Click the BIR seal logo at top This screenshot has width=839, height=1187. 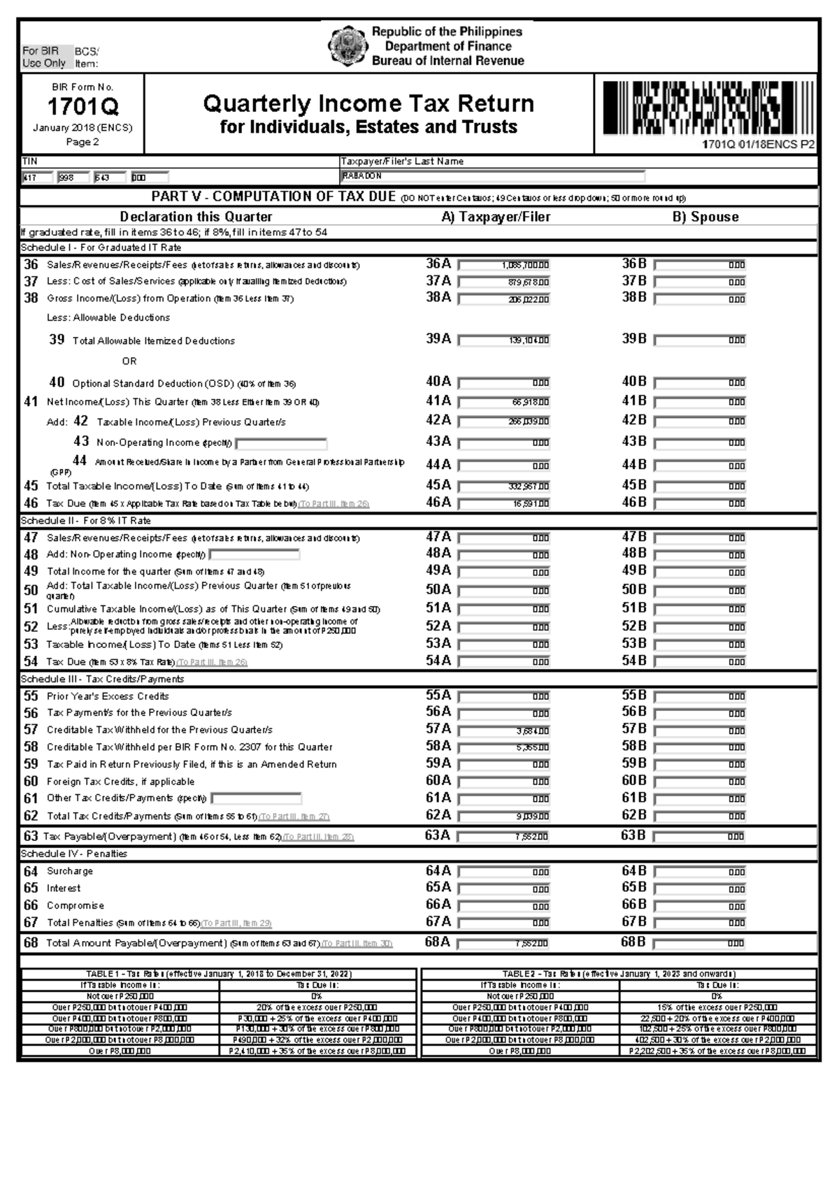pos(347,45)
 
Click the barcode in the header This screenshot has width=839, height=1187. pos(708,108)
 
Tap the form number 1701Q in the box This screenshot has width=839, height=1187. pos(83,107)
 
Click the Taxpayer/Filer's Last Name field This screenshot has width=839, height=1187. pos(492,176)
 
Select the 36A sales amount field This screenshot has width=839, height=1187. pos(504,265)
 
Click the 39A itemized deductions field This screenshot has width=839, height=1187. pos(504,340)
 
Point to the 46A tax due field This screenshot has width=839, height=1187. pos(504,503)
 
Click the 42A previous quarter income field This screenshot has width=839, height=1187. pos(504,422)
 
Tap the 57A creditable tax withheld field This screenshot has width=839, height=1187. pos(504,731)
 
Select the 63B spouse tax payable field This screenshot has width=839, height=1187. pos(699,837)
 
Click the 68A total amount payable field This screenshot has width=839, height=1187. pos(503,943)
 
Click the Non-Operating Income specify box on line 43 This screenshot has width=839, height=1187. pos(282,443)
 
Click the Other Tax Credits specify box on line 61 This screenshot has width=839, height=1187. pos(257,798)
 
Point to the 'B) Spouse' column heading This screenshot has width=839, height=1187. pos(705,217)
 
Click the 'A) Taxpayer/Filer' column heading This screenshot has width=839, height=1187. pos(496,217)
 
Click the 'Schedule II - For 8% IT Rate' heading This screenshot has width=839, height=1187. pos(86,521)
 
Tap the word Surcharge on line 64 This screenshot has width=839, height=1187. pos(70,871)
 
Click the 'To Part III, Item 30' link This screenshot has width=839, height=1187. pos(357,944)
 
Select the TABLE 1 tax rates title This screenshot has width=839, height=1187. pos(219,974)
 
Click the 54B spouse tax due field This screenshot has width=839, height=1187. pos(699,661)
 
